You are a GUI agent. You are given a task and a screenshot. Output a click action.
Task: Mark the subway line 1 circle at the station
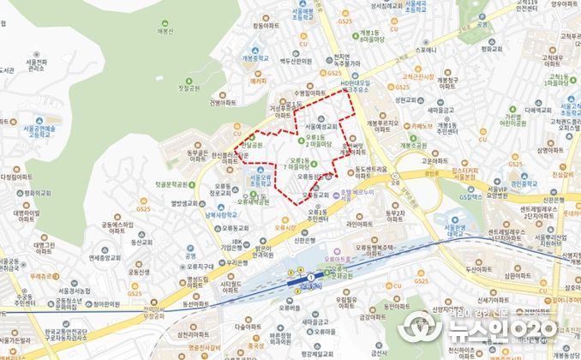click(310, 279)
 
